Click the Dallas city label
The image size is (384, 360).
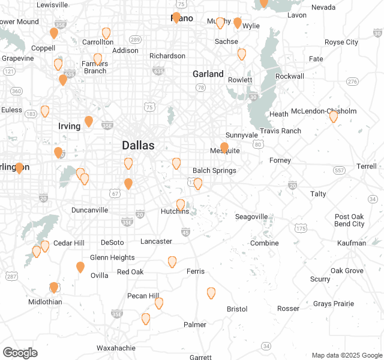point(138,145)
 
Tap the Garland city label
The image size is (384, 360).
point(208,74)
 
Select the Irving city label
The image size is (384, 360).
point(69,126)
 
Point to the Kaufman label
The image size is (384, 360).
point(351,243)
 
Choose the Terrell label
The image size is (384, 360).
point(366,166)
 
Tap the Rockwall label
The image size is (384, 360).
point(289,76)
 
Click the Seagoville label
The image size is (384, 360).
point(251,217)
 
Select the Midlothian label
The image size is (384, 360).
point(45,302)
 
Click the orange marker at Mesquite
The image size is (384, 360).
point(224,148)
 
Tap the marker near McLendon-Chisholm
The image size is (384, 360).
point(334,116)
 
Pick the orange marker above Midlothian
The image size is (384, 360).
point(54,287)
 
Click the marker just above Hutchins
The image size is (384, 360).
point(181,205)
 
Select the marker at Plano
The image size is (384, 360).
point(176,17)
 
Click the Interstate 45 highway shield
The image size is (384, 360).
point(185,232)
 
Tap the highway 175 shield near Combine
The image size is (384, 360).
point(301,229)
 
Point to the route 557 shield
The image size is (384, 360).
point(340,170)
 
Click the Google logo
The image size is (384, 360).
point(20,353)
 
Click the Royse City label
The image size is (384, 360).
point(341,43)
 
